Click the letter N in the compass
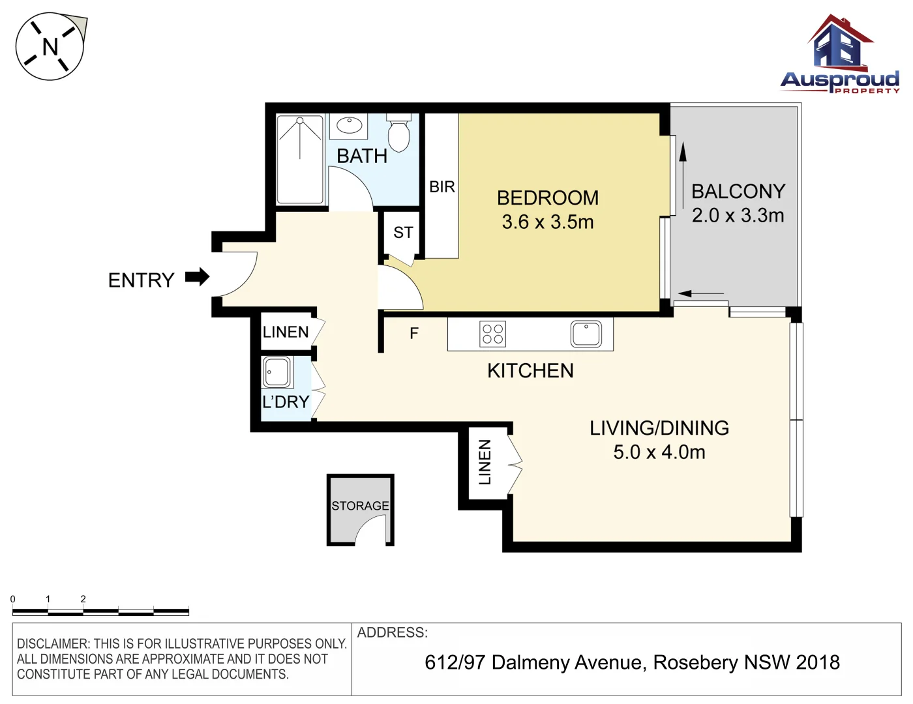pyautogui.click(x=50, y=46)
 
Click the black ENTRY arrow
pyautogui.click(x=198, y=277)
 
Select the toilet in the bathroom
pyautogui.click(x=398, y=132)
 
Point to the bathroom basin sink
pyautogui.click(x=349, y=125)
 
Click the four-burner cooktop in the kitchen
pyautogui.click(x=493, y=334)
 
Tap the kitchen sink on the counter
pyautogui.click(x=586, y=334)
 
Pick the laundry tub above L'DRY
pyautogui.click(x=276, y=372)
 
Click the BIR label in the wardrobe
pyautogui.click(x=442, y=186)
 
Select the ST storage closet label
pyautogui.click(x=403, y=232)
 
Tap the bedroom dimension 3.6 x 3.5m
pyautogui.click(x=548, y=222)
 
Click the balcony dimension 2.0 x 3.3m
pyautogui.click(x=738, y=215)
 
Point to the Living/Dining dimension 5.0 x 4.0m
pyautogui.click(x=659, y=452)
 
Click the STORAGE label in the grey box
pyautogui.click(x=360, y=505)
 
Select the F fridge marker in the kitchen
pyautogui.click(x=414, y=333)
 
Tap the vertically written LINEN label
pyautogui.click(x=485, y=462)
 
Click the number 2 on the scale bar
pyautogui.click(x=83, y=599)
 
